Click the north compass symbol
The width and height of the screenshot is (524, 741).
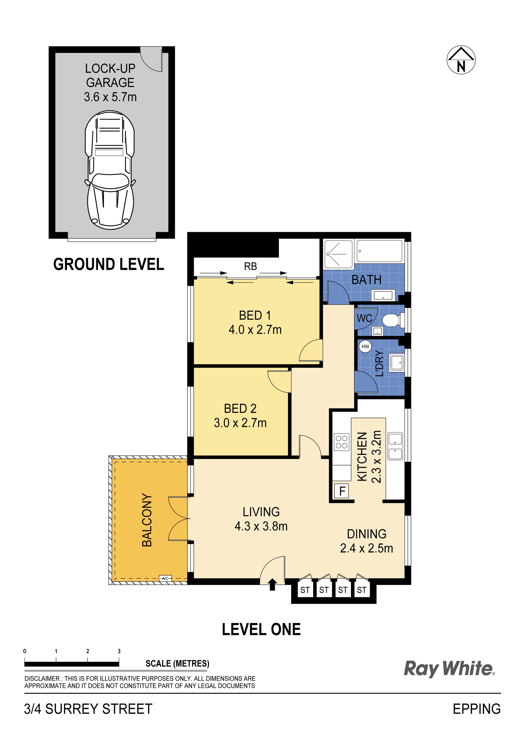coord(461,60)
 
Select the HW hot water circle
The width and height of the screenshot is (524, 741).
coord(365,346)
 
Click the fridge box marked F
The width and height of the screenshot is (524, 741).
coord(342,491)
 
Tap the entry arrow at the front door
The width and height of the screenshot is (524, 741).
coord(272,584)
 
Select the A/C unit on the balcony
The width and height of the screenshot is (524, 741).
coord(165,578)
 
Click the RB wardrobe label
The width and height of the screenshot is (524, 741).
coord(250,266)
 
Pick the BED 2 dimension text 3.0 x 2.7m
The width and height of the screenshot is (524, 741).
coord(240,423)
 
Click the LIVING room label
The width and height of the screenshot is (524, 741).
coord(261,512)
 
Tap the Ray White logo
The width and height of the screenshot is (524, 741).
coord(449,668)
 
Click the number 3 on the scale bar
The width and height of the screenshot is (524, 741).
coord(119,651)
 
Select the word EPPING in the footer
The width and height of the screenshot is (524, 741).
coord(477,709)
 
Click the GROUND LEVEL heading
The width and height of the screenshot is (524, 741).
coord(109,264)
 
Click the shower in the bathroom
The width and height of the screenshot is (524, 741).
coord(338,254)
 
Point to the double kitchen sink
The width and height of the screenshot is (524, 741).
coord(395,446)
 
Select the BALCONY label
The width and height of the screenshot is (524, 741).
coord(147,520)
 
